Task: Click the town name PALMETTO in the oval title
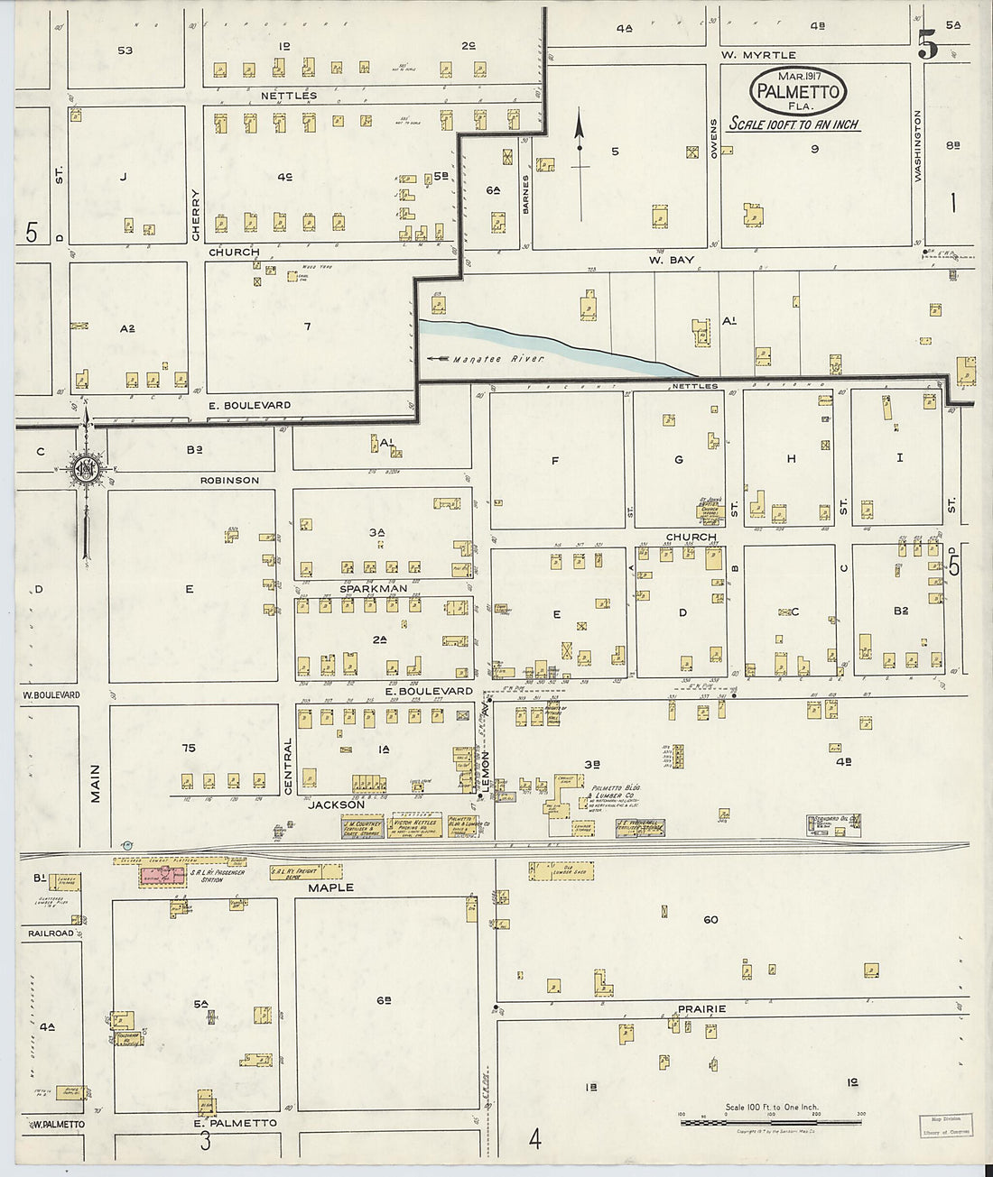point(798,91)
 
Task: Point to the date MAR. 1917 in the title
point(797,76)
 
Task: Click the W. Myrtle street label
point(758,55)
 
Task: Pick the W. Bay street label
point(671,260)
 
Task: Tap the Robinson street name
point(229,481)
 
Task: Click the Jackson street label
point(337,805)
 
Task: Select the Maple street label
point(331,887)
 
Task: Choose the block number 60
point(710,920)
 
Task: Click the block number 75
point(188,748)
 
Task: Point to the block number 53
point(125,51)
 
